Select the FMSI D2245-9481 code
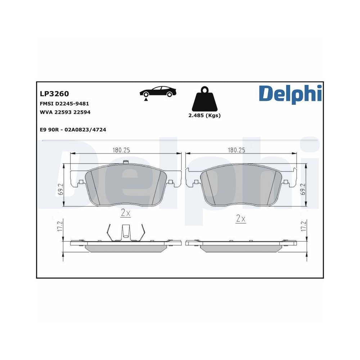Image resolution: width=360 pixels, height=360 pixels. [x=64, y=103]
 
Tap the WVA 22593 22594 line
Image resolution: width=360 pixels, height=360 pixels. [x=65, y=112]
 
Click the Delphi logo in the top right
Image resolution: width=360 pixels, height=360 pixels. [x=290, y=93]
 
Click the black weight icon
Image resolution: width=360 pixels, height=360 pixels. [x=204, y=98]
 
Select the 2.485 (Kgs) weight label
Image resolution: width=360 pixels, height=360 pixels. [x=204, y=116]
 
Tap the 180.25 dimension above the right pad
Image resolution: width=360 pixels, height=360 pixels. [x=237, y=150]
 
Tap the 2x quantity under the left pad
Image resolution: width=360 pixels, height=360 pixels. [x=125, y=213]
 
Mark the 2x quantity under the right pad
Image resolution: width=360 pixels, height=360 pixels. [x=240, y=218]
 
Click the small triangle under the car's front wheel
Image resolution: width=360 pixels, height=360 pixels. [x=146, y=100]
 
